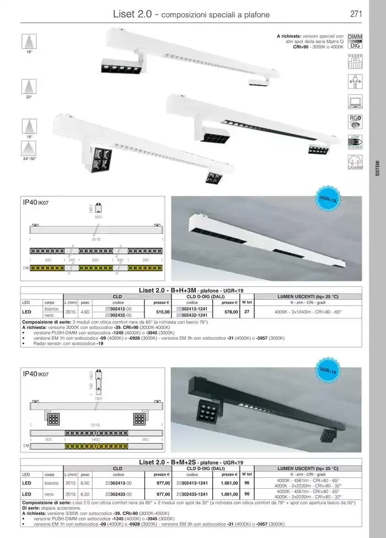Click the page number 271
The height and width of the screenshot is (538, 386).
[x=356, y=14]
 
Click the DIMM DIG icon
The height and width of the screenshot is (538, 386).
[x=355, y=42]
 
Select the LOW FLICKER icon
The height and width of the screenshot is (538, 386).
[x=355, y=142]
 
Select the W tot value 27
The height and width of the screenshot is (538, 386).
[x=246, y=312]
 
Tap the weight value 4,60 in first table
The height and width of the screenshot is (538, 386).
[x=85, y=312]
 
